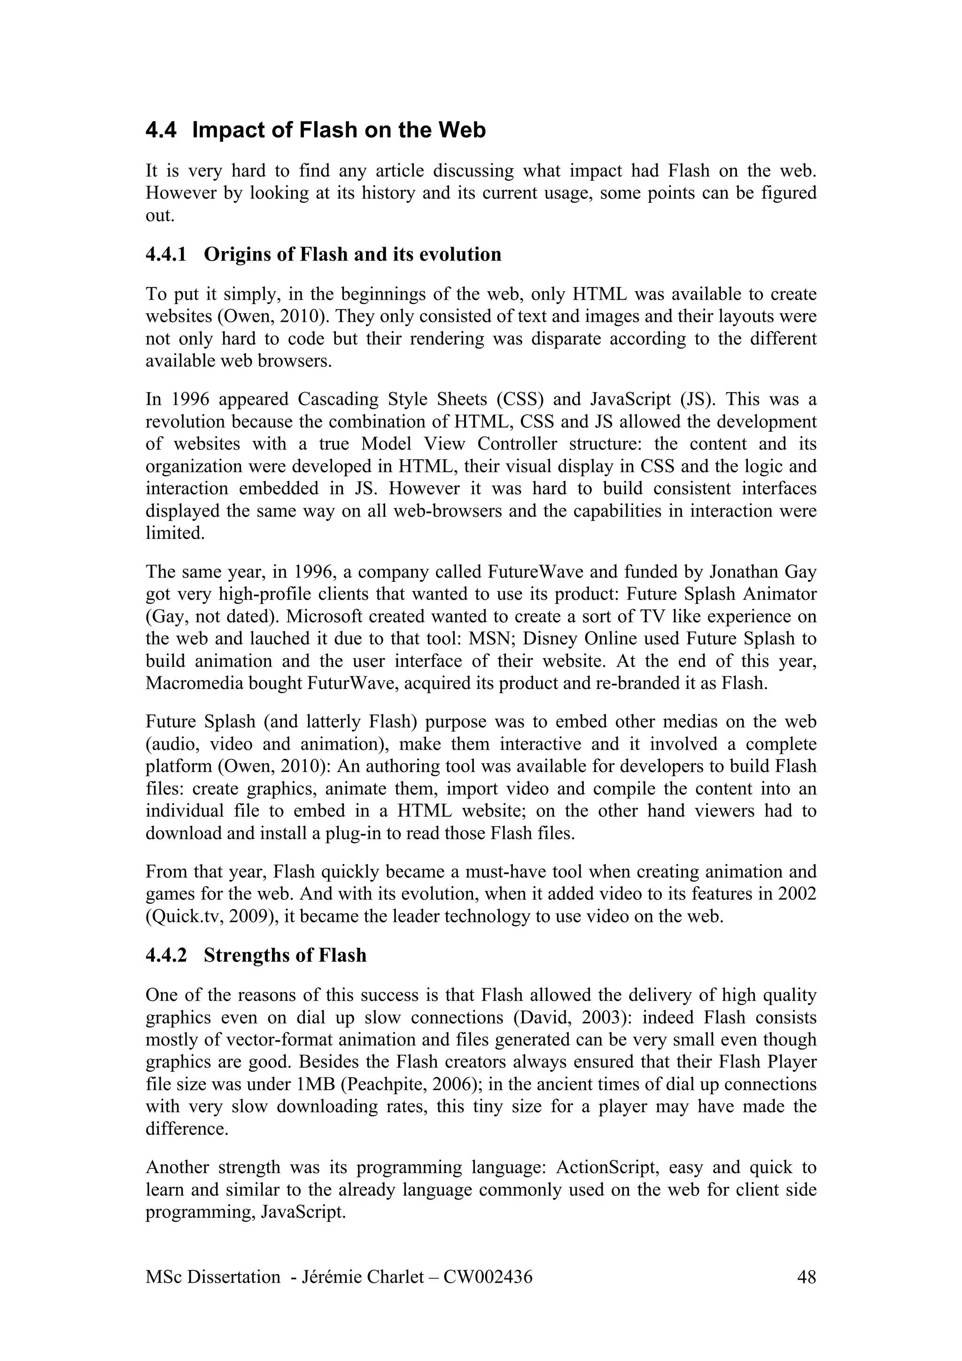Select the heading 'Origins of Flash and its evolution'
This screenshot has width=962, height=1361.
pos(352,254)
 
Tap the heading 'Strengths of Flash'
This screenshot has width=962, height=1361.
pos(285,955)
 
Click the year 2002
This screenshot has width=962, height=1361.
pos(794,894)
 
